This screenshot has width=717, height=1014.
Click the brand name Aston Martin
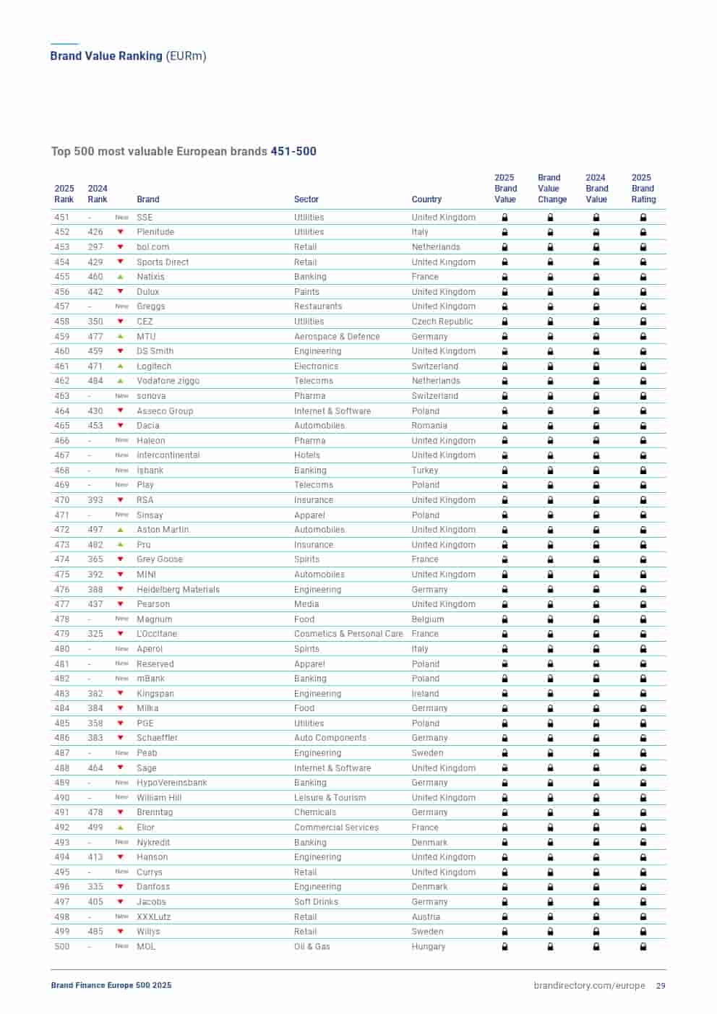pyautogui.click(x=163, y=530)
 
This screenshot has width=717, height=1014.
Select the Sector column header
pyautogui.click(x=306, y=199)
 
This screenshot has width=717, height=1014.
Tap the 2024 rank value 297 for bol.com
pyautogui.click(x=95, y=247)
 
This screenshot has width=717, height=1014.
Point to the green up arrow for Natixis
pyautogui.click(x=121, y=277)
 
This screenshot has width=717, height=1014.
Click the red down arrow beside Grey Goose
pyautogui.click(x=121, y=559)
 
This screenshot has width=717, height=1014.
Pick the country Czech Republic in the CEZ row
pyautogui.click(x=442, y=322)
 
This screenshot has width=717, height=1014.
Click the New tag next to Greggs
pyautogui.click(x=121, y=306)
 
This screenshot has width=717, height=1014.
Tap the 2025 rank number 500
pyautogui.click(x=62, y=947)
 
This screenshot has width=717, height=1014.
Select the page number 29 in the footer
pyautogui.click(x=661, y=986)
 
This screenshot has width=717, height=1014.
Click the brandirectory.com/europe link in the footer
pyautogui.click(x=589, y=986)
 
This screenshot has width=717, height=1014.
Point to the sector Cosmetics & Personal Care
pyautogui.click(x=348, y=634)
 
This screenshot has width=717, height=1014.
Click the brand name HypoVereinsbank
pyautogui.click(x=171, y=783)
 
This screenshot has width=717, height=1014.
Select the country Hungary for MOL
pyautogui.click(x=428, y=947)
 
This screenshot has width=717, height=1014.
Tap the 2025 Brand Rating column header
pyautogui.click(x=643, y=189)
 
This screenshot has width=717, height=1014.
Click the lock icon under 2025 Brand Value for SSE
pyautogui.click(x=505, y=218)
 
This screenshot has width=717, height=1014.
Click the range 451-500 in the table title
pyautogui.click(x=293, y=152)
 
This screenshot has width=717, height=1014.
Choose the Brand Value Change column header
pyautogui.click(x=551, y=189)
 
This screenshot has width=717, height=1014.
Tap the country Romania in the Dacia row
pyautogui.click(x=429, y=426)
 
